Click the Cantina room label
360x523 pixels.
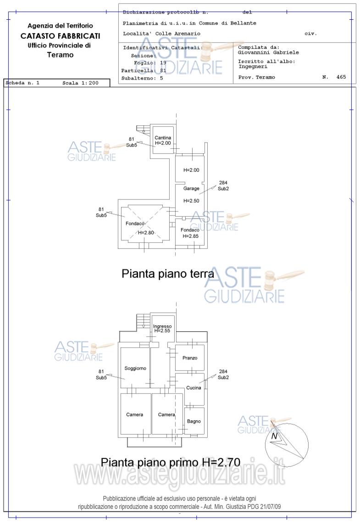pyautogui.click(x=163, y=138)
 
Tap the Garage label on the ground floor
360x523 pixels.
pyautogui.click(x=191, y=189)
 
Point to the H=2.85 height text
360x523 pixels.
pyautogui.click(x=190, y=236)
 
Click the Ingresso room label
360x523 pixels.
pyautogui.click(x=162, y=326)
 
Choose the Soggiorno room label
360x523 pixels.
pyautogui.click(x=135, y=368)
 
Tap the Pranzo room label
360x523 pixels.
pyautogui.click(x=190, y=358)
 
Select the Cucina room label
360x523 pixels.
pyautogui.click(x=194, y=388)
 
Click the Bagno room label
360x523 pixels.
pyautogui.click(x=194, y=421)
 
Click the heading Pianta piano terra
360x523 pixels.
pyautogui.click(x=168, y=274)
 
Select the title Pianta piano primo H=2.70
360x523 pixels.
pyautogui.click(x=171, y=462)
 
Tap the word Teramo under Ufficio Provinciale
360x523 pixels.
pyautogui.click(x=60, y=55)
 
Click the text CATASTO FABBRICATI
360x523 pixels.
pyautogui.click(x=60, y=36)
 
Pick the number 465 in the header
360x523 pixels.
pyautogui.click(x=341, y=77)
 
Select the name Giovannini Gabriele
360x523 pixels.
pyautogui.click(x=262, y=52)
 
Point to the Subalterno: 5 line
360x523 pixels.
pyautogui.click(x=142, y=78)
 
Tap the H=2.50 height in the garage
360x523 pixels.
pyautogui.click(x=191, y=201)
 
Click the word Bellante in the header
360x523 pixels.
pyautogui.click(x=244, y=23)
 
